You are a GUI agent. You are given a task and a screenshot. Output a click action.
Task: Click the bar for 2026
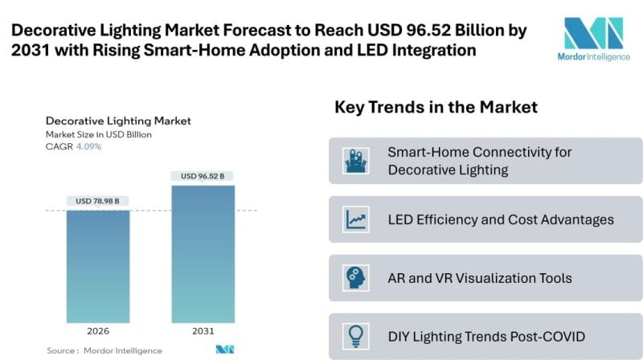(97, 266)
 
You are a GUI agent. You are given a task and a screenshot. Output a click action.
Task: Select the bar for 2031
(203, 254)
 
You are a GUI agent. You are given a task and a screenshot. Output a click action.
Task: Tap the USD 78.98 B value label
(99, 201)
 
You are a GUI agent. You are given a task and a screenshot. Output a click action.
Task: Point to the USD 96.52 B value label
(203, 176)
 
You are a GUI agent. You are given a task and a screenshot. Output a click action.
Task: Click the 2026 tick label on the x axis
(97, 330)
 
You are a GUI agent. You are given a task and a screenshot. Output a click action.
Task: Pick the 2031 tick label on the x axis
(203, 330)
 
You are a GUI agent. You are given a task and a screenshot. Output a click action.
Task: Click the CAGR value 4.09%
(88, 146)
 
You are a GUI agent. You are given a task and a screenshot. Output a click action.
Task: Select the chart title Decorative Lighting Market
(118, 121)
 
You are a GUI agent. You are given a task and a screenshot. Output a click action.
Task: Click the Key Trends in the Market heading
(436, 107)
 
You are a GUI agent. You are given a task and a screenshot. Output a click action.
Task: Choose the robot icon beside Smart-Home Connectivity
(355, 161)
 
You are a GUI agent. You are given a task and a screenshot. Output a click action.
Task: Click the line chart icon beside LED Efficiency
(355, 219)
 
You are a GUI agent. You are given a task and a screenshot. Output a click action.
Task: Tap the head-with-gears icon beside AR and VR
(355, 278)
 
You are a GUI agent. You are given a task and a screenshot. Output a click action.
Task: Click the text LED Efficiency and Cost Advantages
(501, 219)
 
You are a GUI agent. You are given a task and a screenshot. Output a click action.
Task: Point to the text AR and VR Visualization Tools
(480, 278)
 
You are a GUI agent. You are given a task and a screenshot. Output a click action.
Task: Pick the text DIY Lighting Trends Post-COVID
(487, 337)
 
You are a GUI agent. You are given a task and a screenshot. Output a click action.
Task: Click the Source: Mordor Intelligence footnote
(104, 350)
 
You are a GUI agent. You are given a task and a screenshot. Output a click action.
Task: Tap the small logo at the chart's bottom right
(224, 350)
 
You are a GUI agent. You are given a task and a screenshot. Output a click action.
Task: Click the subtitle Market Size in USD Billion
(99, 134)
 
